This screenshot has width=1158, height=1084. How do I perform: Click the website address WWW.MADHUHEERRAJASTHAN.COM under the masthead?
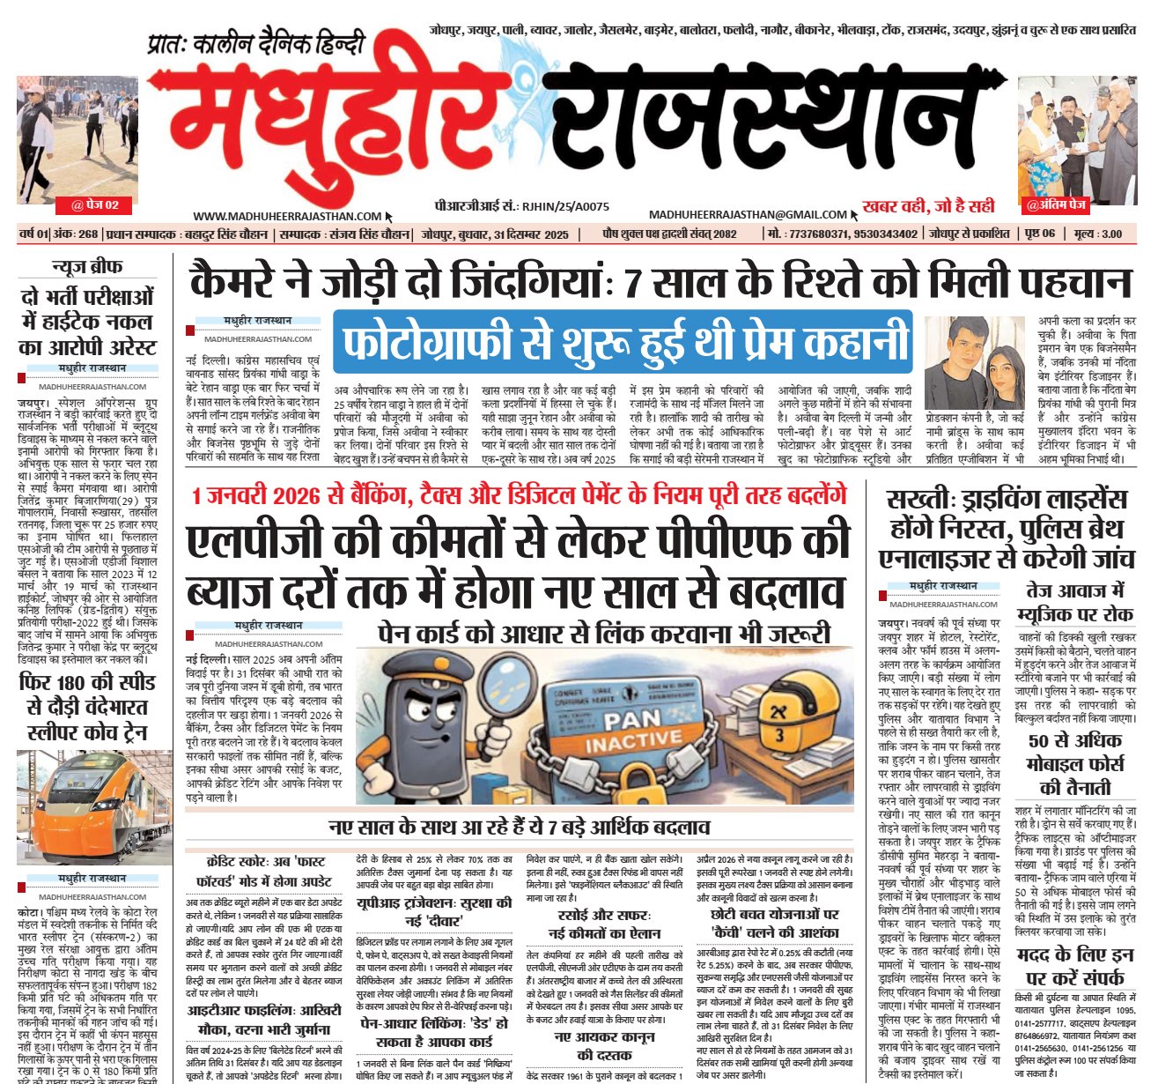pos(287,216)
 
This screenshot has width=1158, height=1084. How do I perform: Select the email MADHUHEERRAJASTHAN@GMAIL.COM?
pos(748,214)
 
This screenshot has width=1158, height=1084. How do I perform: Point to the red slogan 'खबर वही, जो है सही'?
pos(928,206)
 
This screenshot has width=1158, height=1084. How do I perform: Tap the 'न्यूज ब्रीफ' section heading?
pos(87,267)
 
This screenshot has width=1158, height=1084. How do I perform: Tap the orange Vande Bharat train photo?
pos(86,806)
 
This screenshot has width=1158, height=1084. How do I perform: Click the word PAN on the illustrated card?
pos(632,721)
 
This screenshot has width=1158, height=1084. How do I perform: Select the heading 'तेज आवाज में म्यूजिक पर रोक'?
pos(1074,602)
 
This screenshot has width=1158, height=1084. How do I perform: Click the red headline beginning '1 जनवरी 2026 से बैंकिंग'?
pos(520,494)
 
